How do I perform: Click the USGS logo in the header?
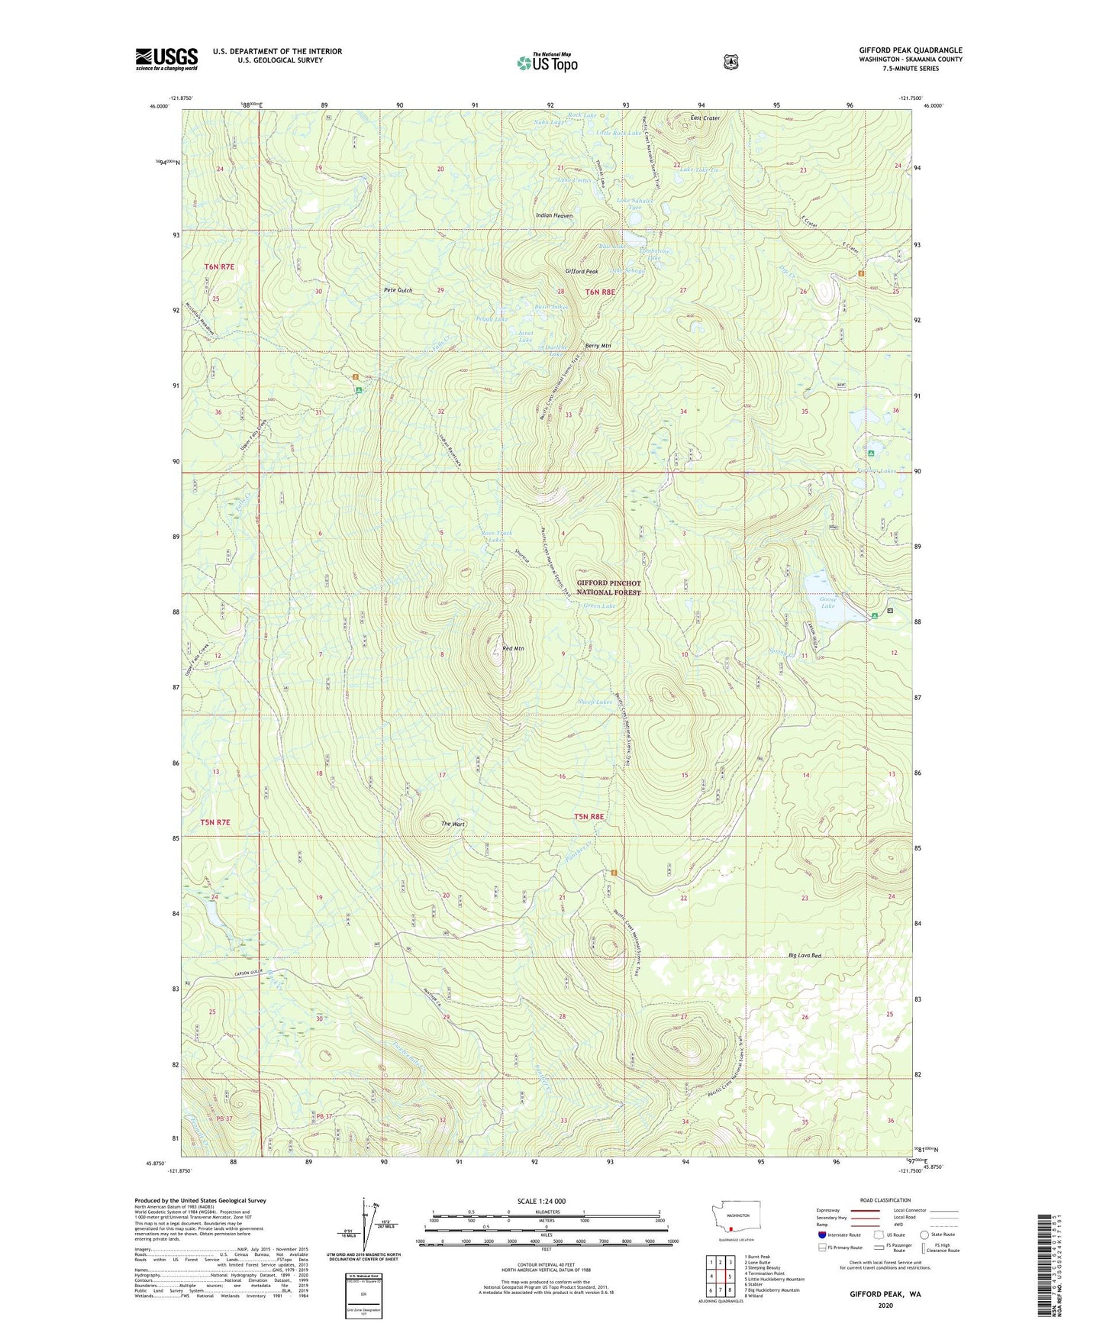point(166,59)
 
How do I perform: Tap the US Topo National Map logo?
point(547,62)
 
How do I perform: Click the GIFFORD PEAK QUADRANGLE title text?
point(910,50)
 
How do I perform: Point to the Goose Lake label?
point(827,602)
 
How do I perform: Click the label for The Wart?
point(453,825)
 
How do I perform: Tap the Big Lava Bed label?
point(805,956)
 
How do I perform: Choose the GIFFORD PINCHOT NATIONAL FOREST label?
point(608,587)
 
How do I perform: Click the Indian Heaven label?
point(554,216)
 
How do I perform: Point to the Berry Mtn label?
point(598,346)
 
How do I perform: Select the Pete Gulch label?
point(398,290)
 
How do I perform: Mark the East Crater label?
point(705,118)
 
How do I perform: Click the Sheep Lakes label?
point(595,701)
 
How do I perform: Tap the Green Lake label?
point(599,606)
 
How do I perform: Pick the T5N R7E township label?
point(214,822)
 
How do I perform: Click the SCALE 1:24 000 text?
point(541,1201)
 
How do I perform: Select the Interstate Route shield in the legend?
point(822,1235)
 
